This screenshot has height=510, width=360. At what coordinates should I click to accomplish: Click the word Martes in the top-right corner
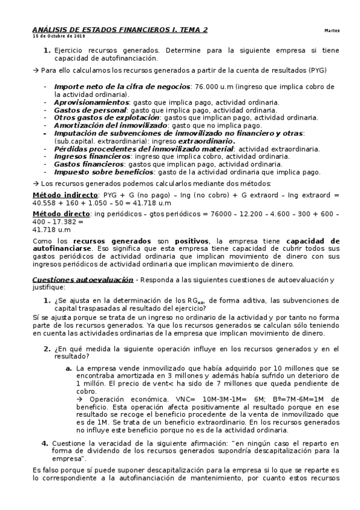pyautogui.click(x=332, y=30)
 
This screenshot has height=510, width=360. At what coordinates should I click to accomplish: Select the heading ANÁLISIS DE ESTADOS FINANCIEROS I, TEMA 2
pyautogui.click(x=120, y=29)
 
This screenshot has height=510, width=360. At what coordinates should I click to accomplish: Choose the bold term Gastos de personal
pyautogui.click(x=90, y=110)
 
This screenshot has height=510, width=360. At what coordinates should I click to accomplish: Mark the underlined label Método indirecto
pyautogui.click(x=65, y=195)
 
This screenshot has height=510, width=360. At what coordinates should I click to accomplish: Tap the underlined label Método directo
pyautogui.click(x=60, y=214)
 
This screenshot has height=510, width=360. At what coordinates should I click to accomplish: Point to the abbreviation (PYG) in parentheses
pyautogui.click(x=315, y=70)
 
